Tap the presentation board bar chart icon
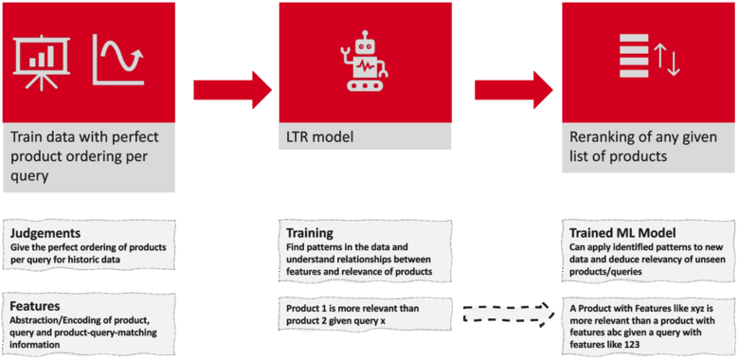click(42, 62)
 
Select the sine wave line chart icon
click(118, 60)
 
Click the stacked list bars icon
click(634, 55)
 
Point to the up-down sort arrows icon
click(667, 59)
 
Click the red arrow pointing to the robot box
click(233, 90)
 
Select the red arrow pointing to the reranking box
click(514, 90)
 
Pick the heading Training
click(310, 233)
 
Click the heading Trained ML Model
click(617, 233)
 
